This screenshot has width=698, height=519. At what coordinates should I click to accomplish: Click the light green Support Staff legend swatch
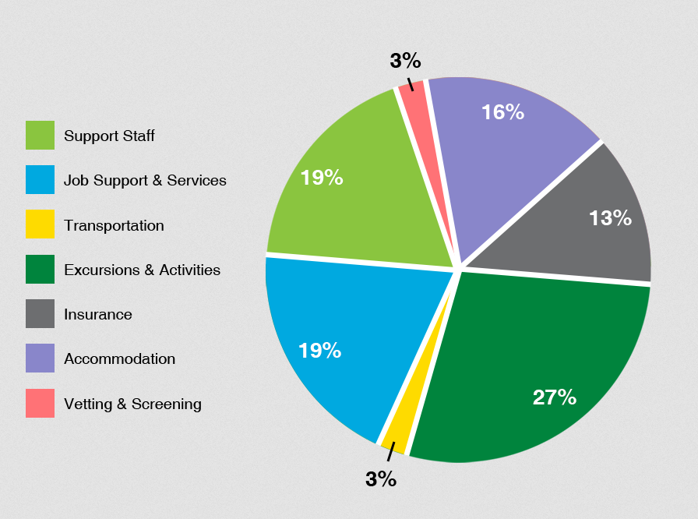click(40, 135)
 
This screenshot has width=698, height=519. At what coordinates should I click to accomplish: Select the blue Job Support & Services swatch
click(40, 180)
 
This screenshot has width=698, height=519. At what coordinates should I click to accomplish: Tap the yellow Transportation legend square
click(40, 224)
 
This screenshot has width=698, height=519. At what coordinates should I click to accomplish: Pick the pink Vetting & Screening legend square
click(40, 403)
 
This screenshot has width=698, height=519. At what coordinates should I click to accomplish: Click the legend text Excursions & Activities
click(142, 270)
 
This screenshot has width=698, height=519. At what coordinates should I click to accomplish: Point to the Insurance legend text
click(97, 315)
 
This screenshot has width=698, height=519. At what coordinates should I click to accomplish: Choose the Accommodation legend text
click(119, 359)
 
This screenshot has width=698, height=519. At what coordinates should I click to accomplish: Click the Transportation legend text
click(114, 226)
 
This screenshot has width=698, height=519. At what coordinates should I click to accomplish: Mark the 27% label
click(554, 397)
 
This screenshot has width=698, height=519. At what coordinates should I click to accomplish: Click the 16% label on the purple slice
click(502, 112)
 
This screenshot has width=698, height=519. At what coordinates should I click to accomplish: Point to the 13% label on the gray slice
click(610, 218)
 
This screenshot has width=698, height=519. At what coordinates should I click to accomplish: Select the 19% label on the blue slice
click(319, 351)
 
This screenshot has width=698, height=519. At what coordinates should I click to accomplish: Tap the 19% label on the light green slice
click(322, 178)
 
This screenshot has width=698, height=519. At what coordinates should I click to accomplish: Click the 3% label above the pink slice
click(405, 61)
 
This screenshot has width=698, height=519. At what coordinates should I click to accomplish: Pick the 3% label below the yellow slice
click(381, 479)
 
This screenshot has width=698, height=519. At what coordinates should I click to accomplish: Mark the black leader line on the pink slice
click(410, 83)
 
